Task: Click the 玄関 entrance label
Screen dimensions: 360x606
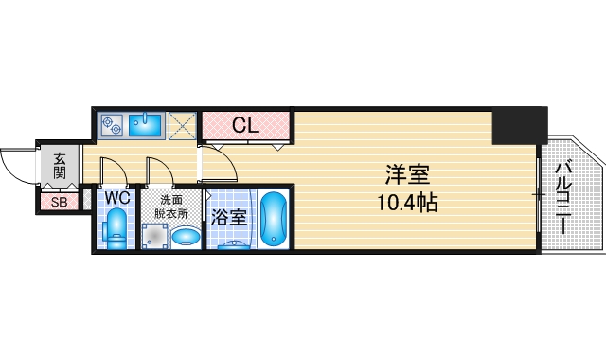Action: [x=59, y=168]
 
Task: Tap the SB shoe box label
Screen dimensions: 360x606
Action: [x=59, y=201]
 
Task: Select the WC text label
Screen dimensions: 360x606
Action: [x=117, y=198]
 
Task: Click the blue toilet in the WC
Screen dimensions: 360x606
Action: [x=117, y=228]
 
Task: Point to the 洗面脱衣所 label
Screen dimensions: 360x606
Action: [x=171, y=207]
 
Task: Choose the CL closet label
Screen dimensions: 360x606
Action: [x=244, y=124]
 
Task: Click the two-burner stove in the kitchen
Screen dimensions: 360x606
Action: [x=113, y=123]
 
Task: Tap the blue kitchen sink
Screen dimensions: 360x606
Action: [x=147, y=124]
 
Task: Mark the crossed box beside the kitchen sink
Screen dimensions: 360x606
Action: [x=183, y=124]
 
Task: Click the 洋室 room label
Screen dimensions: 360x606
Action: [x=408, y=175]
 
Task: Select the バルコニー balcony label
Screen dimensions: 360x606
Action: [x=563, y=199]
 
